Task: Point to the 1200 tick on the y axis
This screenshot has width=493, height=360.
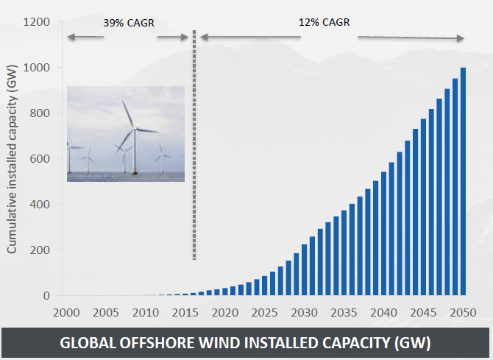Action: pyautogui.click(x=36, y=22)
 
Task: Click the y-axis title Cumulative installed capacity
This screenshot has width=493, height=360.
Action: pyautogui.click(x=12, y=158)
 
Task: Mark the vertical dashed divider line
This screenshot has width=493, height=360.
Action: pyautogui.click(x=194, y=147)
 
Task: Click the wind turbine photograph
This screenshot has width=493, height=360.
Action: pyautogui.click(x=126, y=133)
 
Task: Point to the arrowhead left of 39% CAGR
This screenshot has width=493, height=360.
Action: pyautogui.click(x=69, y=37)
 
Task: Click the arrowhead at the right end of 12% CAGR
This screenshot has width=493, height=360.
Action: pyautogui.click(x=460, y=38)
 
